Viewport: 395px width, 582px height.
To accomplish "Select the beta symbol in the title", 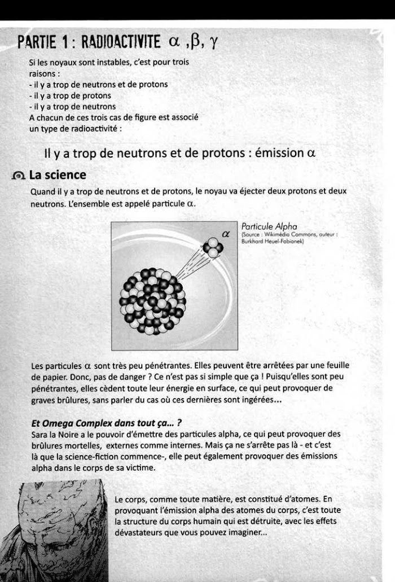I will point(191,41).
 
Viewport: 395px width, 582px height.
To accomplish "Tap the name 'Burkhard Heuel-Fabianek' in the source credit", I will point(273,242).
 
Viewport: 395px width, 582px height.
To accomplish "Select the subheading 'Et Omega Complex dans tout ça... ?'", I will point(89,423).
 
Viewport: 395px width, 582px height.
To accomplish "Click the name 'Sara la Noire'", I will point(54,434).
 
